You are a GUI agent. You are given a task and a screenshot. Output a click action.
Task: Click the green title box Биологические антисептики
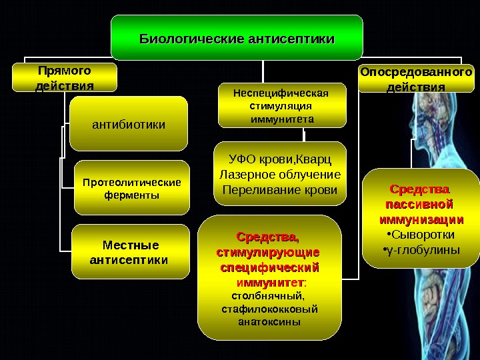[x=237, y=37]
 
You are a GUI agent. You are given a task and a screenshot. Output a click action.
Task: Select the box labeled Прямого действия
[x=65, y=77]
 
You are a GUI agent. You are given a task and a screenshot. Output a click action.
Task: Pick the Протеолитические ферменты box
[x=131, y=189]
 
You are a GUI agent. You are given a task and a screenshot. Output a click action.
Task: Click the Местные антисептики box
[x=129, y=251]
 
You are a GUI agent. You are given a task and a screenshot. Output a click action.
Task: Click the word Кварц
[x=313, y=160]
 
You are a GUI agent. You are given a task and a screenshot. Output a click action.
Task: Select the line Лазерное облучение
[x=280, y=175]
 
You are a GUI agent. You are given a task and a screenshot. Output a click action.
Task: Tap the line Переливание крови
[x=279, y=190]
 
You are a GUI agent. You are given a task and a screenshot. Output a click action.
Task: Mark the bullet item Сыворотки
[x=422, y=235]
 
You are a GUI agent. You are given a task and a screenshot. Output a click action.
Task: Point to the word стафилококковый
[x=269, y=309]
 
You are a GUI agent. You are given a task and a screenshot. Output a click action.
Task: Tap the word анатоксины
[x=269, y=321]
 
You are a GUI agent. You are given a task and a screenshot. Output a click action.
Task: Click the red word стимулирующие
[x=269, y=253]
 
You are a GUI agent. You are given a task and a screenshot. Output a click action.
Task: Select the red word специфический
[x=269, y=268]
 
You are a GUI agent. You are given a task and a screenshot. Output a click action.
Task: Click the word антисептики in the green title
[x=291, y=39]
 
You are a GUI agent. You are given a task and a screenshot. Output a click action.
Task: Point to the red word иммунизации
[x=421, y=219]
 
